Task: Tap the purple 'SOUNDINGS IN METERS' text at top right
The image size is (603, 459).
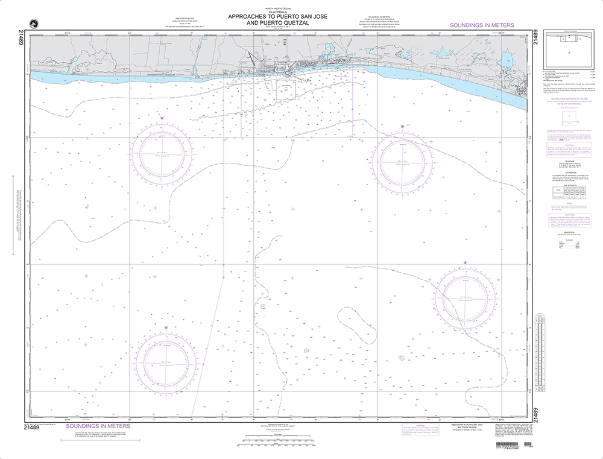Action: point(482,25)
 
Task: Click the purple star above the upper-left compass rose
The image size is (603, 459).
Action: point(162,118)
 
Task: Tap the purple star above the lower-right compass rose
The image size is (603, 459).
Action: point(465,262)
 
